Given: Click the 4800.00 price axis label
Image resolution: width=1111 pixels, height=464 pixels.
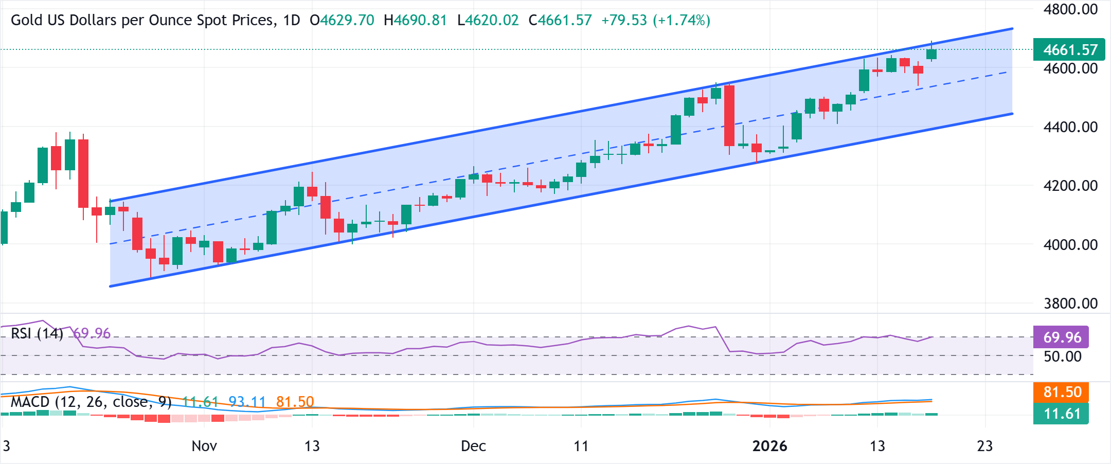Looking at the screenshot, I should [1070, 9].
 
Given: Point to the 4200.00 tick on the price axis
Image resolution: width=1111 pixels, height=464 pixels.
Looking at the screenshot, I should [1070, 186].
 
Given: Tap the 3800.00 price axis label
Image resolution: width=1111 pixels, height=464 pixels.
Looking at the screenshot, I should [1070, 304].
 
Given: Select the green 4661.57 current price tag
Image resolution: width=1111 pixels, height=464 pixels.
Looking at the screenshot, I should [1070, 50].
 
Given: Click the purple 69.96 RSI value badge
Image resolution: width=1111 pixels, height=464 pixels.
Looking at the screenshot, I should [1062, 337].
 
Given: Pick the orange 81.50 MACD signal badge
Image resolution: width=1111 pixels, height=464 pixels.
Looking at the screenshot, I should [1062, 392].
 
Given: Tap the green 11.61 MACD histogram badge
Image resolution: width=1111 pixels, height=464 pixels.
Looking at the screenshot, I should [1062, 414].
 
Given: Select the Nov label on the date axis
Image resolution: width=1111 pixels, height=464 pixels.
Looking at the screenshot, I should [204, 446].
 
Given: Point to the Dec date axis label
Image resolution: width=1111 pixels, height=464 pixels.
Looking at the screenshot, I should [473, 446].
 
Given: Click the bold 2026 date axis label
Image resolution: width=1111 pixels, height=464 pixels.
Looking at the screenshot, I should [769, 446].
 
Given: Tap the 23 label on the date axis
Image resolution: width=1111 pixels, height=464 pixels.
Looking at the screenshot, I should [984, 446].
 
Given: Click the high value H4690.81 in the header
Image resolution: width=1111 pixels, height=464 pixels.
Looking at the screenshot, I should [415, 21].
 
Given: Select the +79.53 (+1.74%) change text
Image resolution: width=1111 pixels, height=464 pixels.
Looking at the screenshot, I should [655, 21].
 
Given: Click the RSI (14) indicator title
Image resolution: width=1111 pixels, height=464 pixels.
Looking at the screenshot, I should [37, 333].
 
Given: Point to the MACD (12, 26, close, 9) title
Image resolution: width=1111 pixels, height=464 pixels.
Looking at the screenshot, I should [91, 402].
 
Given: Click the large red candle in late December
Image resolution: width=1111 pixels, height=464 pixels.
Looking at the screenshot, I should [729, 115].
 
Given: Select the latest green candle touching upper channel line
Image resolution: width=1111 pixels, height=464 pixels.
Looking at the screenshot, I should [931, 54].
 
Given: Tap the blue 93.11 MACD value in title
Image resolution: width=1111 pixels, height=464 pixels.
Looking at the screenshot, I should [247, 402].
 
